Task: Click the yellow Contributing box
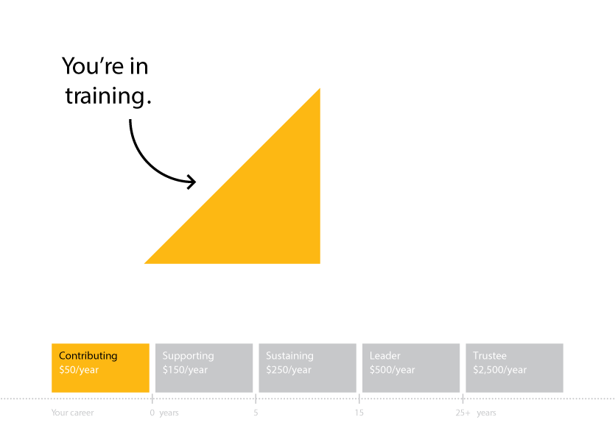click(x=100, y=368)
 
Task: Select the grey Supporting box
click(x=204, y=368)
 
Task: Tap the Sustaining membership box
click(x=308, y=368)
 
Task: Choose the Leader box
click(x=411, y=368)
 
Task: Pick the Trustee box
click(x=515, y=368)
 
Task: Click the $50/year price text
click(x=79, y=370)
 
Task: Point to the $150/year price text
click(x=185, y=370)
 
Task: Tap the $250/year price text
click(x=289, y=370)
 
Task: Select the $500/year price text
click(x=393, y=370)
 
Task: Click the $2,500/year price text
click(x=499, y=370)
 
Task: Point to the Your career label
click(x=73, y=413)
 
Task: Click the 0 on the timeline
click(x=152, y=413)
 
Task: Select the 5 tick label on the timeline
click(x=256, y=413)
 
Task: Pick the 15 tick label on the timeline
click(x=359, y=413)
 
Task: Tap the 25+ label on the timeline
click(x=463, y=413)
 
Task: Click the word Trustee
click(x=490, y=356)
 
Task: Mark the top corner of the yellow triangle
click(x=320, y=88)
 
